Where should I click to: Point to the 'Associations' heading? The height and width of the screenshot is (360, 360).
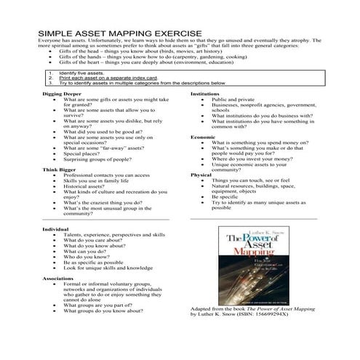58,278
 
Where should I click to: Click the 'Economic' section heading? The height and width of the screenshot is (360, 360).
202,137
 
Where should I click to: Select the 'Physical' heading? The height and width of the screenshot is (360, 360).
201,175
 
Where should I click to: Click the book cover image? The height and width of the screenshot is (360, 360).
250,265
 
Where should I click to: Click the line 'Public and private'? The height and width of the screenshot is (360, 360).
233,100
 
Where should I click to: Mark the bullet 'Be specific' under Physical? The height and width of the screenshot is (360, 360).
225,196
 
